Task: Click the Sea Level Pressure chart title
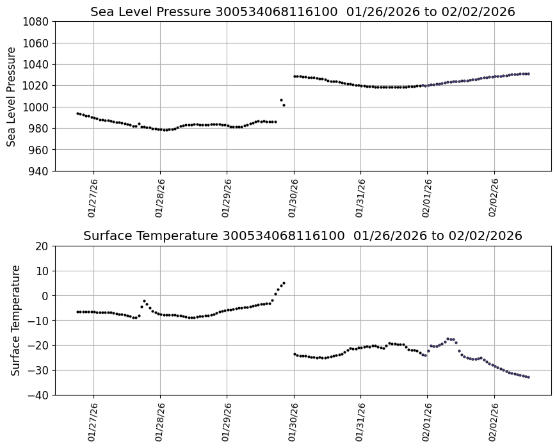302,12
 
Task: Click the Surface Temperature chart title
302,236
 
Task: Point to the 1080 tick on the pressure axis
38,22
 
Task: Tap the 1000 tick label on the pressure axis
38,107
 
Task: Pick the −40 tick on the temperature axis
40,395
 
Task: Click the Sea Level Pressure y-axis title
12,97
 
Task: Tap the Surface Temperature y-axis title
16,320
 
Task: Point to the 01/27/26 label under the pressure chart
91,198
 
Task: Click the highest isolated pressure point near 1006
281,100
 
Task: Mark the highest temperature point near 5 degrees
284,283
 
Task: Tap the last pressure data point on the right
528,74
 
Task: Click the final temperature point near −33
528,377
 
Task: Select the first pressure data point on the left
77,113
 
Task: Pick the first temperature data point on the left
77,312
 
